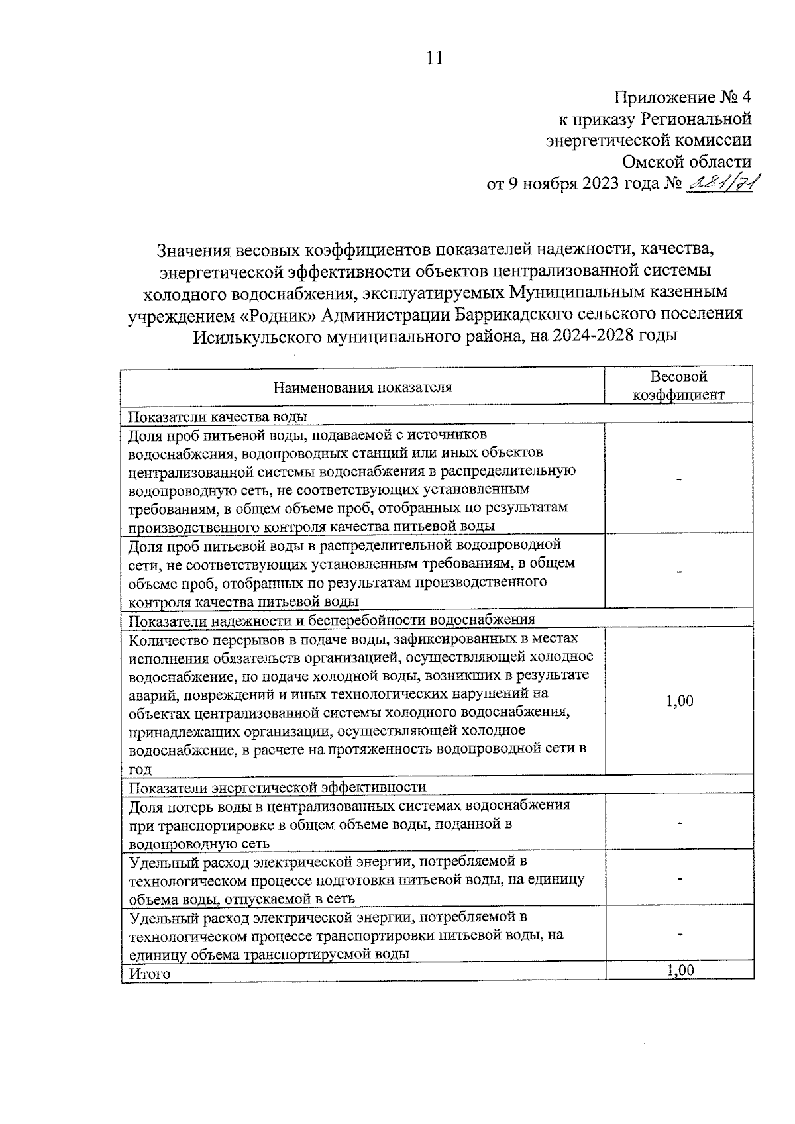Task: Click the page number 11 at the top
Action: (x=433, y=58)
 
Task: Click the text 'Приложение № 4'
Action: (x=682, y=98)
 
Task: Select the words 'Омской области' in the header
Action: (x=686, y=161)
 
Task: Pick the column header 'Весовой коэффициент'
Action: (x=678, y=385)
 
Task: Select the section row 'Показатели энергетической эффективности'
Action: (x=277, y=787)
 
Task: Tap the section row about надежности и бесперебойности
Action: (x=331, y=620)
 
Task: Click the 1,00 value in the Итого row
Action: (x=680, y=970)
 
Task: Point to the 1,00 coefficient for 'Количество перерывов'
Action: (x=680, y=701)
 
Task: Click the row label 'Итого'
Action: (x=149, y=974)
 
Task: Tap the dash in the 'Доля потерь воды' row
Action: (x=680, y=823)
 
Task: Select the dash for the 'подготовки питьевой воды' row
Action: (x=680, y=879)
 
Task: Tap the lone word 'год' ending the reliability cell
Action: (x=140, y=769)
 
